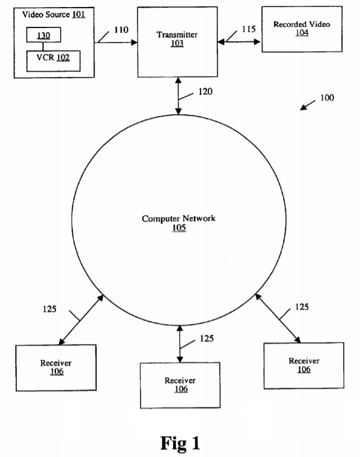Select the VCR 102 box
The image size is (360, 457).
tap(53, 60)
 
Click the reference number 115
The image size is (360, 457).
tap(249, 29)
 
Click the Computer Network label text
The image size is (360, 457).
tap(179, 219)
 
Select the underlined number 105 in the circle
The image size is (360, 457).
tap(179, 228)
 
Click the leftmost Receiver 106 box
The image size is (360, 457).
tap(56, 367)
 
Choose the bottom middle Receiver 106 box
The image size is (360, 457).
tap(180, 384)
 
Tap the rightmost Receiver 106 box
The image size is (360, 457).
tap(303, 365)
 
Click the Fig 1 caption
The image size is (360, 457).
tap(179, 442)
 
